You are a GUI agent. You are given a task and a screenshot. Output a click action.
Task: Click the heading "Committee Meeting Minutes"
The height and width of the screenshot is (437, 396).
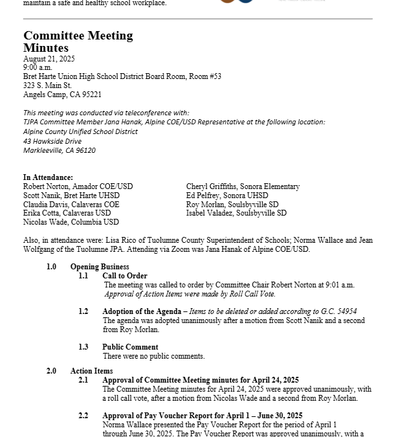point(78,41)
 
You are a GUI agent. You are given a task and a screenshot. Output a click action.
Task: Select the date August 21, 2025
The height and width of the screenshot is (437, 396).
point(49,59)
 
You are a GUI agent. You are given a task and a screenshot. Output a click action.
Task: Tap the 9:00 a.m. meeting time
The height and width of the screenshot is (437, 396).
point(38,67)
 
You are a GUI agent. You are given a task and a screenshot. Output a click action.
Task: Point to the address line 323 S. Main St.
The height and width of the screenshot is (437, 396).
point(47,85)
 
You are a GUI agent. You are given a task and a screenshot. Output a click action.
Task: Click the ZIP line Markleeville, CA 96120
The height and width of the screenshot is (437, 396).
point(60,150)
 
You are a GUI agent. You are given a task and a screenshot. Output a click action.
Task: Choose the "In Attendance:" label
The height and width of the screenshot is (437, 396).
point(48,177)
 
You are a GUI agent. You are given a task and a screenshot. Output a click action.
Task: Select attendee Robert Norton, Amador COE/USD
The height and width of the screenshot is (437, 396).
point(78,186)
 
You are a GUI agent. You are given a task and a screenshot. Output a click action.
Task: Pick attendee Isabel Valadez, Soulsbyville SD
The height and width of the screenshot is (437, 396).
point(236,213)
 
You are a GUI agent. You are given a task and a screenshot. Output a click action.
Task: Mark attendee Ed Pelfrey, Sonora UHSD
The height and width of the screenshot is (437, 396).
point(227,196)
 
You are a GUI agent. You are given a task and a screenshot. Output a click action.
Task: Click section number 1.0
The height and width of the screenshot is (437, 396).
point(51,267)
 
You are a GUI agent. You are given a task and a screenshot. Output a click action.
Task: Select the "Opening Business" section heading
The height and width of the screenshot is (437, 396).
point(100,267)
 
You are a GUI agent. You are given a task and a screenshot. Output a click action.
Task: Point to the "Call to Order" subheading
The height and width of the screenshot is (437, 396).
point(125,276)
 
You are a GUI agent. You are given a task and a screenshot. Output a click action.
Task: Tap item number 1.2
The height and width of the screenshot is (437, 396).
point(83,311)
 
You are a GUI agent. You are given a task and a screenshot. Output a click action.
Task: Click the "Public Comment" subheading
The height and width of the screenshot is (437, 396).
point(130,347)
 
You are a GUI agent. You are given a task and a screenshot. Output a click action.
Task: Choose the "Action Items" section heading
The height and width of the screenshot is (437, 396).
point(91,371)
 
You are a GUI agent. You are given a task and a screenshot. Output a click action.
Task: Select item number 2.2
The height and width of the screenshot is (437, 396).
point(83,416)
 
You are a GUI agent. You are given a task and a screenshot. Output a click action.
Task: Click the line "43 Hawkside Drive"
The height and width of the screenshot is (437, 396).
point(52,141)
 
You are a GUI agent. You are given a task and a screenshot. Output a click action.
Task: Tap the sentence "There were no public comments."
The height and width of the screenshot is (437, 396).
point(153,356)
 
